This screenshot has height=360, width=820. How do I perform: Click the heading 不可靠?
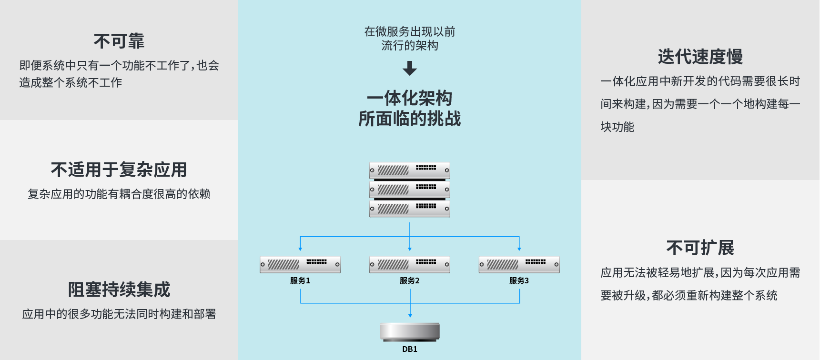click(119, 41)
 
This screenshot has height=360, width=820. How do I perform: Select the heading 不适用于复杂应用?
click(119, 170)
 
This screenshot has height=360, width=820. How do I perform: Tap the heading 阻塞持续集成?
click(119, 290)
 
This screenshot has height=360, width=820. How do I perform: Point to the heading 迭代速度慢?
click(700, 57)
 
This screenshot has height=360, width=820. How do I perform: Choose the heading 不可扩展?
click(700, 248)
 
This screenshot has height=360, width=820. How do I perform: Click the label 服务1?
click(300, 281)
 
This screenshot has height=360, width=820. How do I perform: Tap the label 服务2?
click(410, 281)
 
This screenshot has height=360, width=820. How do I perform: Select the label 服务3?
click(519, 281)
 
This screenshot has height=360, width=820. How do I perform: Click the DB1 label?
click(410, 350)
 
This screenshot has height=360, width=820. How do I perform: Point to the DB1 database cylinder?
click(410, 331)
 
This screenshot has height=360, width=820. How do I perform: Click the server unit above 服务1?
click(300, 265)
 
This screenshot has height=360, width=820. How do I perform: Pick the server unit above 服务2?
click(410, 265)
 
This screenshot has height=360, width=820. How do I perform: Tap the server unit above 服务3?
click(519, 265)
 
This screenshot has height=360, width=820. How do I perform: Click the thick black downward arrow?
click(410, 69)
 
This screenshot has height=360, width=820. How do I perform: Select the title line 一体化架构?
click(410, 98)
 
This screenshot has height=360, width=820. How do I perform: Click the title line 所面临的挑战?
click(410, 119)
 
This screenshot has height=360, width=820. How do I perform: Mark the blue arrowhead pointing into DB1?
click(410, 316)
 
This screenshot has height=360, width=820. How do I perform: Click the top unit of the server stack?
click(410, 170)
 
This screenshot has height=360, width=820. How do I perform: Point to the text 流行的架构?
click(410, 46)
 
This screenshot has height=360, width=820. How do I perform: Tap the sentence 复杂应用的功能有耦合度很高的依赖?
click(119, 194)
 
